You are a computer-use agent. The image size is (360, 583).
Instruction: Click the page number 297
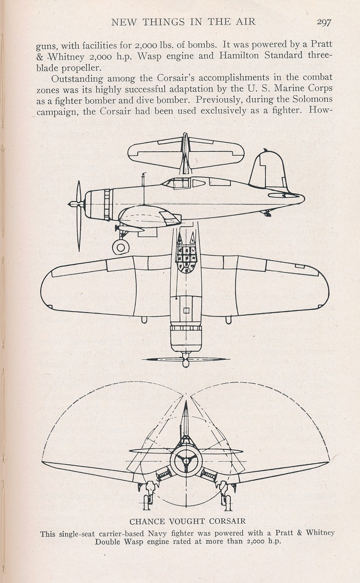(324, 22)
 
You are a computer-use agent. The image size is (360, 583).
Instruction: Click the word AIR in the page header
(246, 22)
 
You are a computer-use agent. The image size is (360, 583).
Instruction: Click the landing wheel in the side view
(121, 246)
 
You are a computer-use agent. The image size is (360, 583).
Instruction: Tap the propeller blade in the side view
(79, 215)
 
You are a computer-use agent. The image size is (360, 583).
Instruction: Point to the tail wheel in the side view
(267, 213)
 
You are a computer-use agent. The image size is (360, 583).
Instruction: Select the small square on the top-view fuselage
(186, 311)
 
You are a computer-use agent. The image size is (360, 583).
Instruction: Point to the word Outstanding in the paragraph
(77, 79)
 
